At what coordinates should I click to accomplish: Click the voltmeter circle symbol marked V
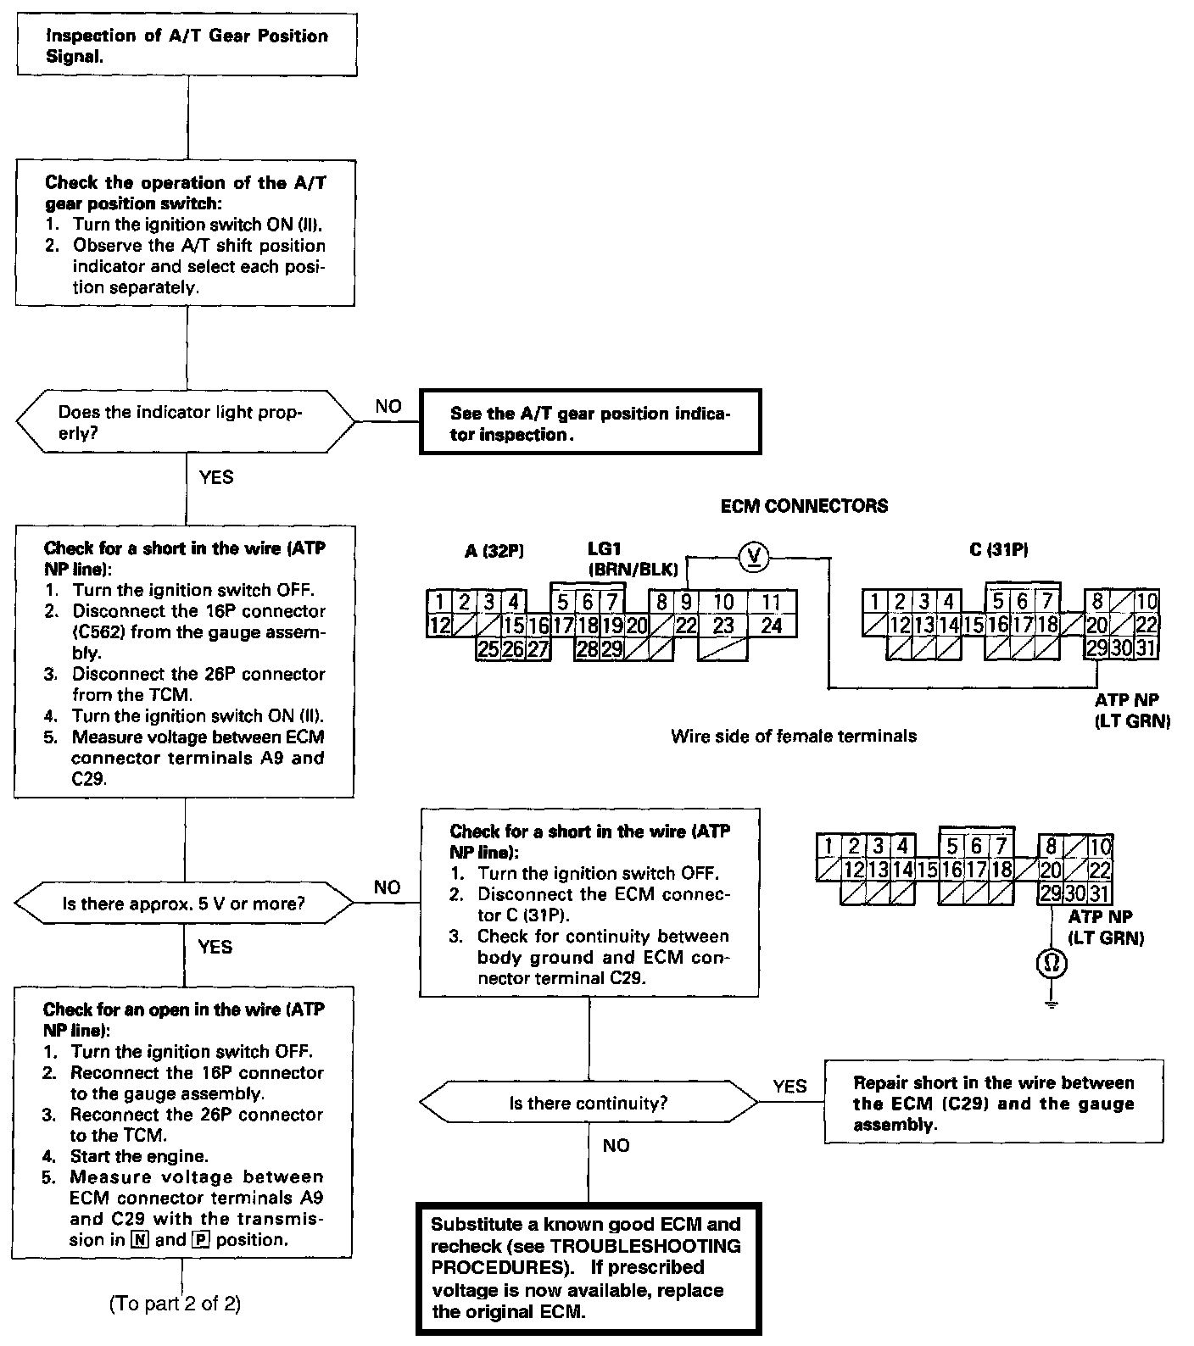click(x=753, y=557)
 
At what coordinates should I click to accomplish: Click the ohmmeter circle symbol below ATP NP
click(x=1052, y=964)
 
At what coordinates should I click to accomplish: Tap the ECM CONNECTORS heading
click(x=804, y=507)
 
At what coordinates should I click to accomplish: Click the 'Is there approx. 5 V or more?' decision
click(x=184, y=904)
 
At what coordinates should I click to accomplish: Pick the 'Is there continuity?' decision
click(x=589, y=1104)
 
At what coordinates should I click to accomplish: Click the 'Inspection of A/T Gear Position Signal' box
click(x=187, y=46)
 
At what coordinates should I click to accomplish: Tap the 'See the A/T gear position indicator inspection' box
click(x=590, y=423)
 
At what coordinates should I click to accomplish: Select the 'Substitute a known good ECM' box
click(x=589, y=1268)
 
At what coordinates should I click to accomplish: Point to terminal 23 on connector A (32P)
click(x=723, y=626)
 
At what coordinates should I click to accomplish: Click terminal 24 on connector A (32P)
click(x=771, y=626)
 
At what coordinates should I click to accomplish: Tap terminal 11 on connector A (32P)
click(x=771, y=603)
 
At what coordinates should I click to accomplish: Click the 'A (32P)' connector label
click(x=494, y=551)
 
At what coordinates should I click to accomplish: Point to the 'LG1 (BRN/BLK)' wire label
click(x=631, y=559)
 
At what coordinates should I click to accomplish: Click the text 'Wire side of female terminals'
click(x=793, y=736)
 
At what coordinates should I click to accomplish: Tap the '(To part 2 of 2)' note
click(x=176, y=1304)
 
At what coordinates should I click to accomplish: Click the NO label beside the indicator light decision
click(x=388, y=407)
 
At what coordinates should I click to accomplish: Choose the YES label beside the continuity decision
click(x=790, y=1086)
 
